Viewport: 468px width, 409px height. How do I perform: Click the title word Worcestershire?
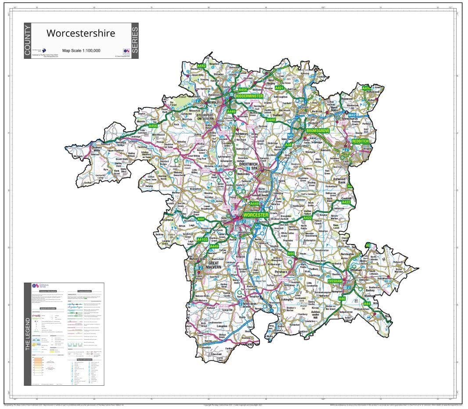(x=81, y=33)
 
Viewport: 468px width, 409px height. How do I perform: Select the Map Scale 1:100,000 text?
(x=81, y=50)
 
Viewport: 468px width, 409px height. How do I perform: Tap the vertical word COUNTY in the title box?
(x=28, y=41)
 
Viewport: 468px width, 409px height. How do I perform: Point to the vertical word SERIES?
(x=135, y=41)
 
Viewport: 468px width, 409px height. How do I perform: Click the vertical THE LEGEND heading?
(x=28, y=334)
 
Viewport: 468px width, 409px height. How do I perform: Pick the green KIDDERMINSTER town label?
(x=249, y=96)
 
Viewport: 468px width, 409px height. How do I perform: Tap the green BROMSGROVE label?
(x=318, y=131)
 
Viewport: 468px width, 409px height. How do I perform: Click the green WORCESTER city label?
(x=255, y=215)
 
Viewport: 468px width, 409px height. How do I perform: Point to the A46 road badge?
(x=342, y=298)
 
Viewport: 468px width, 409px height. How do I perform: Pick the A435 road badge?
(x=366, y=88)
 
